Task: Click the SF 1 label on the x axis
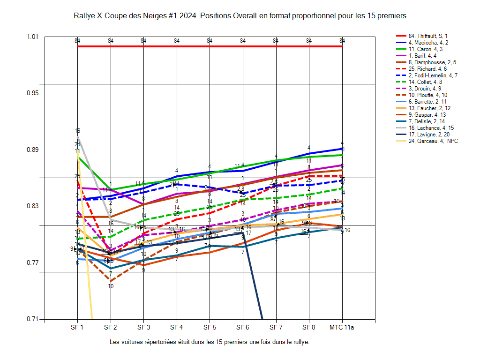(x=77, y=327)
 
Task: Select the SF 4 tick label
(x=177, y=327)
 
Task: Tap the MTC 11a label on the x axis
(x=342, y=327)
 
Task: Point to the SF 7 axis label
(x=276, y=327)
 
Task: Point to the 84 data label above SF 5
(x=210, y=41)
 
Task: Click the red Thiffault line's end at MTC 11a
(x=342, y=46)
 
